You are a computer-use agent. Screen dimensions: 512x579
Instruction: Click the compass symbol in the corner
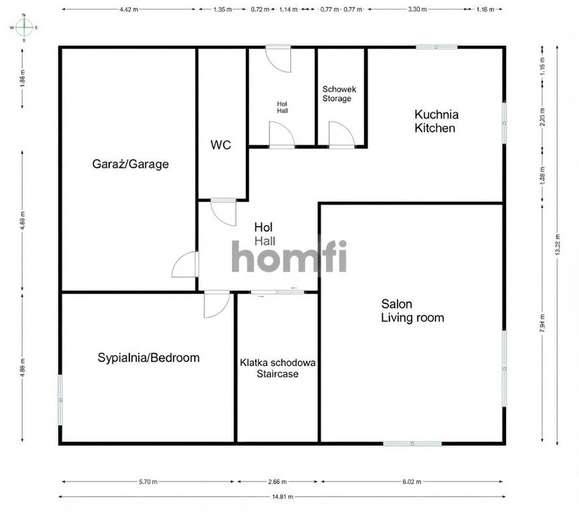(x=24, y=27)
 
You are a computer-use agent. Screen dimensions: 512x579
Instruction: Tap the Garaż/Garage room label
(x=130, y=165)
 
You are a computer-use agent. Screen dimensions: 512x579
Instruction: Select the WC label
(x=221, y=145)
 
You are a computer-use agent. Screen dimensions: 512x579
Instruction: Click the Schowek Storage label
(x=336, y=94)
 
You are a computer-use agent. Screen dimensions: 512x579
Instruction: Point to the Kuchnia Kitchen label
(x=436, y=121)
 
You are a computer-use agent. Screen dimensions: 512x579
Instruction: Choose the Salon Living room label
(x=412, y=311)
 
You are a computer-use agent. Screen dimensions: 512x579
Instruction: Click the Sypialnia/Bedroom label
(x=148, y=358)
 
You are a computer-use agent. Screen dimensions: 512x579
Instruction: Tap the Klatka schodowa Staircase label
(x=278, y=368)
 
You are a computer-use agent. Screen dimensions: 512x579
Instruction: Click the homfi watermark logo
(x=289, y=256)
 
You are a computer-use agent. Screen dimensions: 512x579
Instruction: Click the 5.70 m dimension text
(x=148, y=482)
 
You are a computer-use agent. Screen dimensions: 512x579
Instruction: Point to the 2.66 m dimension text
(x=277, y=482)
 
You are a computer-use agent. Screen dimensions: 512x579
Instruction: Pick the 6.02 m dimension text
(x=412, y=482)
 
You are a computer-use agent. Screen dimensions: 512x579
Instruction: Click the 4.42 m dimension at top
(x=128, y=10)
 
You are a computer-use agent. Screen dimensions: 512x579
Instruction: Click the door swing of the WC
(x=223, y=212)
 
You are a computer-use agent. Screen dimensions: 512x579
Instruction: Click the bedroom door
(x=217, y=304)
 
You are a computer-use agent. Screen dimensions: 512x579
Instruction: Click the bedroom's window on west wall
(x=60, y=399)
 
